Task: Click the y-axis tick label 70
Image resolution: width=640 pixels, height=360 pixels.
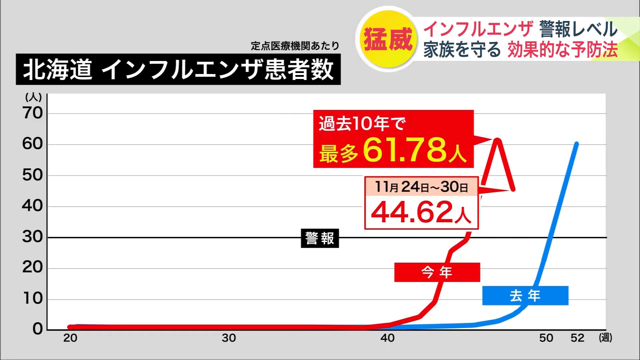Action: click(x=33, y=113)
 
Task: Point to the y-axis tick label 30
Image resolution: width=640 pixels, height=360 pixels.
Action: click(x=33, y=237)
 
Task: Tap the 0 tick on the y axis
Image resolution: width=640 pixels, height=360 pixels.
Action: click(x=37, y=329)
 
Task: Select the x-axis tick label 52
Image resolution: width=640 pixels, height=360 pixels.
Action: click(x=577, y=338)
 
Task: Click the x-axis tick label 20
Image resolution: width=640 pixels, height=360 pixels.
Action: click(x=70, y=338)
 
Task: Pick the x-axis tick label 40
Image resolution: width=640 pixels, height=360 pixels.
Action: click(x=388, y=338)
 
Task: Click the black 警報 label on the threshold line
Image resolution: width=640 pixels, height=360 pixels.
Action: click(x=320, y=238)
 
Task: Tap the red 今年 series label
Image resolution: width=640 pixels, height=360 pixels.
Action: click(x=437, y=272)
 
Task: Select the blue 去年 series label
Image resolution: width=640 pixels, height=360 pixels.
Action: click(x=525, y=296)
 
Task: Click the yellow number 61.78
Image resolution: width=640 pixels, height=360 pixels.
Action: click(x=405, y=150)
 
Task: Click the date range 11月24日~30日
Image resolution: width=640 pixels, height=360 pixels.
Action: click(x=421, y=187)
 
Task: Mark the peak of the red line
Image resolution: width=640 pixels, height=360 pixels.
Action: click(x=497, y=140)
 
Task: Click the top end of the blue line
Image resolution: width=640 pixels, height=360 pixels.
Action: click(x=577, y=144)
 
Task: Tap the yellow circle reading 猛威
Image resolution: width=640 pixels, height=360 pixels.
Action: click(x=388, y=39)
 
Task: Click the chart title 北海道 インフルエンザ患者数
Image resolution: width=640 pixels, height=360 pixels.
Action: click(x=178, y=69)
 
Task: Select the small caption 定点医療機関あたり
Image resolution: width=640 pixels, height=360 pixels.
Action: click(x=295, y=46)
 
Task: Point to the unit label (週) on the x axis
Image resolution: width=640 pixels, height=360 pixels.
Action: click(x=605, y=338)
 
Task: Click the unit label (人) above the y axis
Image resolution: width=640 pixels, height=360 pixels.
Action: click(x=33, y=97)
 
